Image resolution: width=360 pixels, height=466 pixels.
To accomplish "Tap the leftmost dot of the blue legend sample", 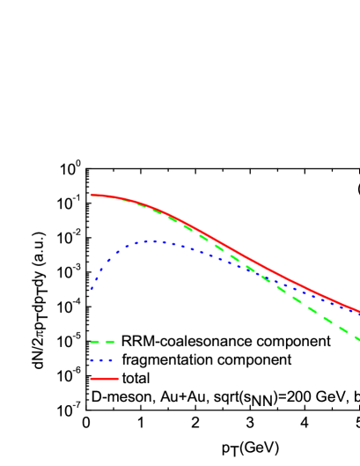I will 92,360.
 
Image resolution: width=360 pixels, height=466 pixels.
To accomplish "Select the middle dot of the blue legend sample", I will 101,360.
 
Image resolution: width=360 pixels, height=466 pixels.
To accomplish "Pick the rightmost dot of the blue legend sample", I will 110,360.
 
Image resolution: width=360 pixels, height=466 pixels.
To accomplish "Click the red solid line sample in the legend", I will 105,379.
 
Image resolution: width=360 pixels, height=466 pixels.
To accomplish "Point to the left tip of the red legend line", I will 91,379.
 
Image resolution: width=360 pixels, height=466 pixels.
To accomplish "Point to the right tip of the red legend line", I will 119,379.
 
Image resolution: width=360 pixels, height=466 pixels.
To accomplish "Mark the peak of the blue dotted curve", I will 154,240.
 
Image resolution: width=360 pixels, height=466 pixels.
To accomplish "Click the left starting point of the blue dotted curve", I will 91,289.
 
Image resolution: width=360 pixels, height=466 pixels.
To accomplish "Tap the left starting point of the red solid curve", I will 92,195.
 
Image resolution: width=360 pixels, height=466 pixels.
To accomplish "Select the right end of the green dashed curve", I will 358,339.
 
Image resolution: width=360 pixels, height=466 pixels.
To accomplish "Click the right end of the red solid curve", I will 358,311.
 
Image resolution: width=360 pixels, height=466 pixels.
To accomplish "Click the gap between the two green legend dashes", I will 102,342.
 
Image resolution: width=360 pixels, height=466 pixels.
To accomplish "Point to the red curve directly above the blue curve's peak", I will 154,207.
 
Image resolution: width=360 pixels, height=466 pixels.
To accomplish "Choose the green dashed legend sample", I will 102,342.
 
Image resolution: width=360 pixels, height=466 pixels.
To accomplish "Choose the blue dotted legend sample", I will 101,360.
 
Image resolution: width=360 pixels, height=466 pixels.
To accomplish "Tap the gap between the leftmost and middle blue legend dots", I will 97,360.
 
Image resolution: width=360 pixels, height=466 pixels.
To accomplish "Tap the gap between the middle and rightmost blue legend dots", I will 106,360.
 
